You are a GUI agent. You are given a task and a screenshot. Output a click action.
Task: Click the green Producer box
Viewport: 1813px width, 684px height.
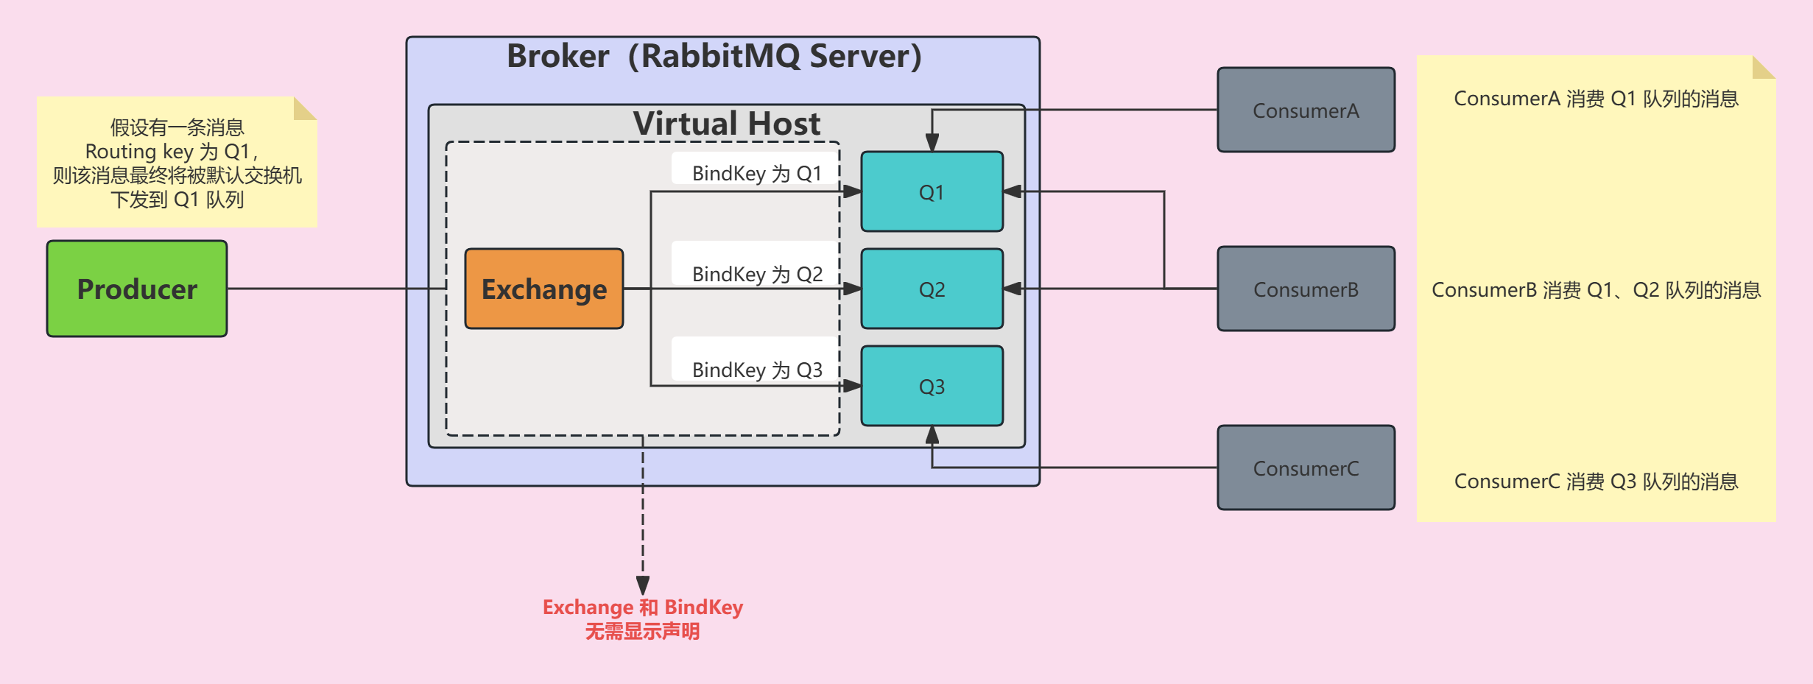(x=137, y=289)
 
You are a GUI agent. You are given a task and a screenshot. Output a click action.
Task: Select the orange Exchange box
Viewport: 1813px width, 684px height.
(x=544, y=289)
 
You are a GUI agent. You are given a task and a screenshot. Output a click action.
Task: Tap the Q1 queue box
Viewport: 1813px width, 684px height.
(x=932, y=192)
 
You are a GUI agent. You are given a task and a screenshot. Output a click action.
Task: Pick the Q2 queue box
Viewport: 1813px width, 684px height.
(x=932, y=289)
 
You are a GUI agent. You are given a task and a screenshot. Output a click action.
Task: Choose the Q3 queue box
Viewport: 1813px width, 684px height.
(x=932, y=386)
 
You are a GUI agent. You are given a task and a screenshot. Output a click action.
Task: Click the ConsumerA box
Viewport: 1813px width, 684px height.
(x=1306, y=110)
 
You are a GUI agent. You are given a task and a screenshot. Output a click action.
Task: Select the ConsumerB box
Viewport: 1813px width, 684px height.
(x=1306, y=289)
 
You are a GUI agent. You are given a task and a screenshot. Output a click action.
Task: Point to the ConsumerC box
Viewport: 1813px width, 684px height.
(x=1306, y=468)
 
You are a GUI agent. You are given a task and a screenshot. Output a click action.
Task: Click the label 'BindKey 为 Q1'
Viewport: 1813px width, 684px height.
(x=756, y=173)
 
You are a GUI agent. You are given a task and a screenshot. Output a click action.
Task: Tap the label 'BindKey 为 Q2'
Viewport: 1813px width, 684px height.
(x=757, y=274)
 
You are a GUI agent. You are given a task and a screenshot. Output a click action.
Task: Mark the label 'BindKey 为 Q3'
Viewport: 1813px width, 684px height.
(x=757, y=370)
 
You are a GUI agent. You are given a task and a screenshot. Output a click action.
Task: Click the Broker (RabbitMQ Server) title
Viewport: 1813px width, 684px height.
(x=714, y=56)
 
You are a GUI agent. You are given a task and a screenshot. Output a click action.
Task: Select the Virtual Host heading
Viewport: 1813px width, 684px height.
(x=726, y=123)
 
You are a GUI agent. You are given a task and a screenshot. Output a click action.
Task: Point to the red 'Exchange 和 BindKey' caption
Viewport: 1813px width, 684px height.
(x=642, y=607)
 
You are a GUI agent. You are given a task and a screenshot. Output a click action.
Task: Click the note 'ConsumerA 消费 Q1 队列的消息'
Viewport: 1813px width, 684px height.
(x=1596, y=99)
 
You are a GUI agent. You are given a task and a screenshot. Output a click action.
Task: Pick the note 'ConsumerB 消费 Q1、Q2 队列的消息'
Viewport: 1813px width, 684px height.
(x=1596, y=290)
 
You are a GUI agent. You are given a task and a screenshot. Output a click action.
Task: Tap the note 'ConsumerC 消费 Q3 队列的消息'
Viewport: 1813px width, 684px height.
(x=1596, y=482)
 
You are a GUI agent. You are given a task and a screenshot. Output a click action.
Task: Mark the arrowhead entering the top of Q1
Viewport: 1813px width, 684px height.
(x=932, y=143)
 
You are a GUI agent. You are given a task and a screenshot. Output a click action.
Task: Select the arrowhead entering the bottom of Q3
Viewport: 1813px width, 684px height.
(x=932, y=434)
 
